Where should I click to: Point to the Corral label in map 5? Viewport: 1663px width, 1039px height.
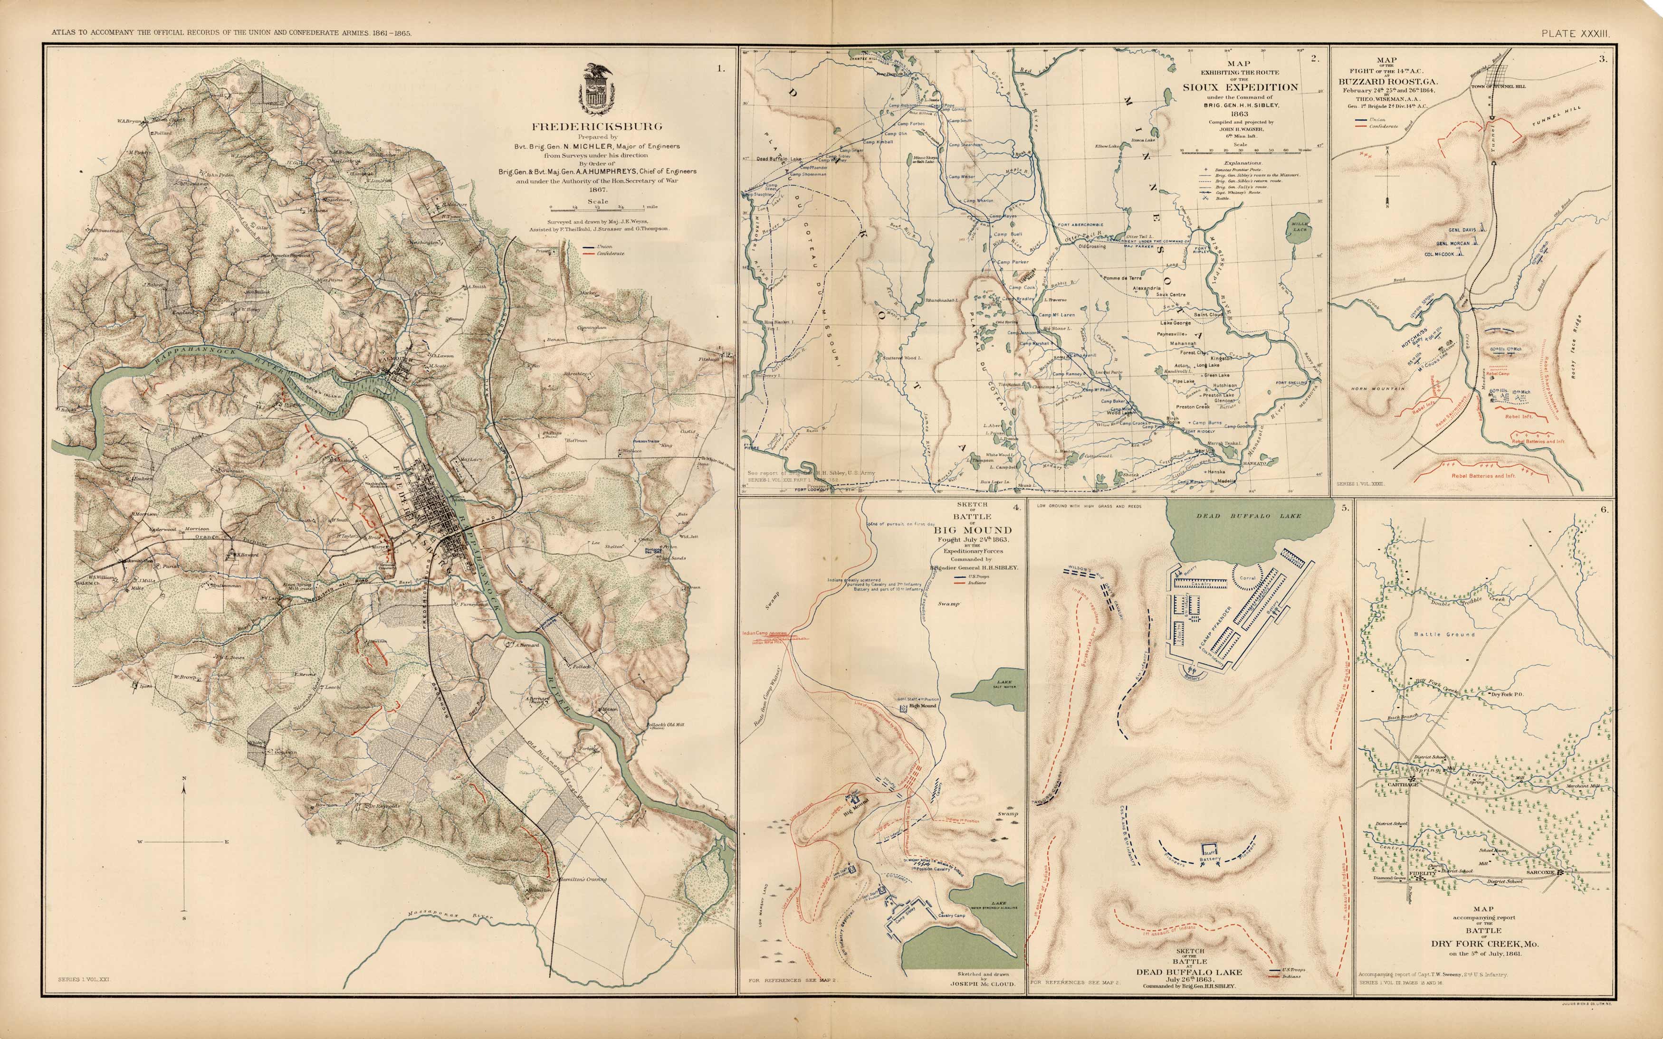click(x=1247, y=578)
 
